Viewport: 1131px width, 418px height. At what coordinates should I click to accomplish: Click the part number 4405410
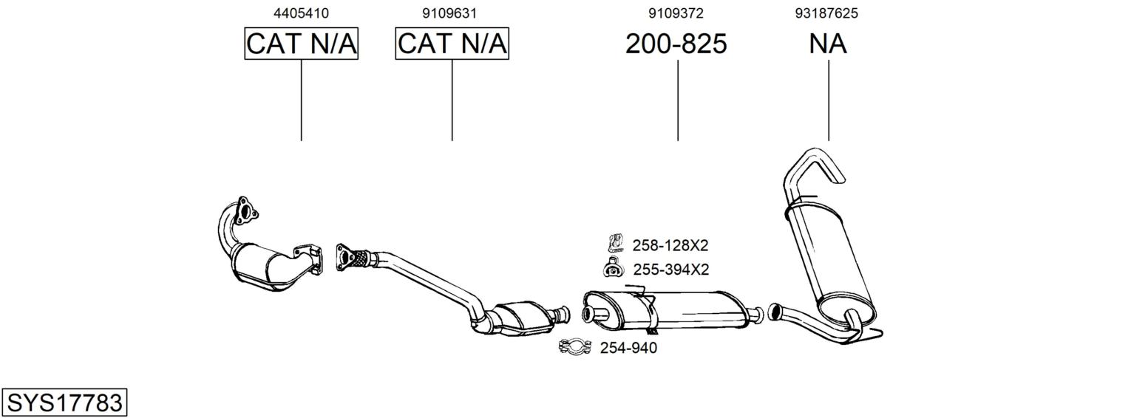301,13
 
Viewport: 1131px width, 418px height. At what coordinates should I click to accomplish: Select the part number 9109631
449,13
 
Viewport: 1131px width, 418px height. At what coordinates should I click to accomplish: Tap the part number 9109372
676,13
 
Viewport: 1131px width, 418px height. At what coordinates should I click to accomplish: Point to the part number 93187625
826,13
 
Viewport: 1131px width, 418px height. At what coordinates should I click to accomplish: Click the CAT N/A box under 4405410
302,44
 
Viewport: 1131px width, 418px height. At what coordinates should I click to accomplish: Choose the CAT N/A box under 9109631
452,44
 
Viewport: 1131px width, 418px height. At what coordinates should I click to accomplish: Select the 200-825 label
676,44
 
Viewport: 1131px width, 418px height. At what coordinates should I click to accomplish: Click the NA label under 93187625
828,44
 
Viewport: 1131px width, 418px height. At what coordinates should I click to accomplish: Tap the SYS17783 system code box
64,402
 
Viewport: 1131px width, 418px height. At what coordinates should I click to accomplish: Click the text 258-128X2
670,245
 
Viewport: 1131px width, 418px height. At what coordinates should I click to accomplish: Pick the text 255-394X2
671,270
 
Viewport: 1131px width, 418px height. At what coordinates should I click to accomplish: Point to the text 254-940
628,348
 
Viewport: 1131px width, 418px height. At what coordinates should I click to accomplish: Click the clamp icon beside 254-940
575,347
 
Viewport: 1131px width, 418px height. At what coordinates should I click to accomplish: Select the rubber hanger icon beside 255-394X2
613,268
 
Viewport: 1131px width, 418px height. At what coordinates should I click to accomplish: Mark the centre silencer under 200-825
667,309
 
